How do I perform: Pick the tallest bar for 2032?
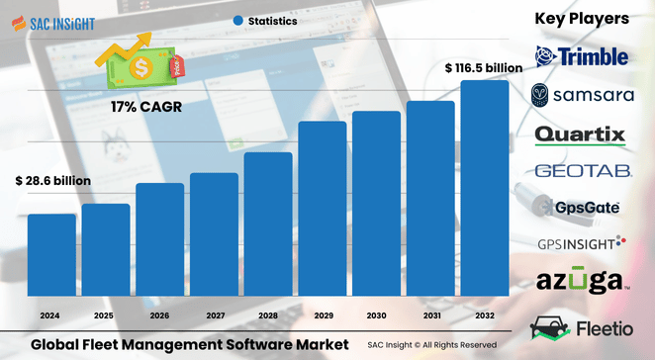pyautogui.click(x=485, y=188)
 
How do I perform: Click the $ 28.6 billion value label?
pyautogui.click(x=52, y=182)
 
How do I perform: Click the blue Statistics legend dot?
pyautogui.click(x=237, y=20)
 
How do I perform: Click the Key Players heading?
pyautogui.click(x=581, y=19)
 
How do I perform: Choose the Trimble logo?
pyautogui.click(x=581, y=56)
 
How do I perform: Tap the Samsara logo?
pyautogui.click(x=581, y=95)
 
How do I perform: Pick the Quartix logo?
pyautogui.click(x=581, y=134)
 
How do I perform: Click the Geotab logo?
pyautogui.click(x=581, y=171)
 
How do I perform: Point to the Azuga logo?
pyautogui.click(x=581, y=282)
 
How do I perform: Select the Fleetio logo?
pyautogui.click(x=581, y=325)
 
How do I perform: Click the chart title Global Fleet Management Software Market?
pyautogui.click(x=189, y=343)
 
